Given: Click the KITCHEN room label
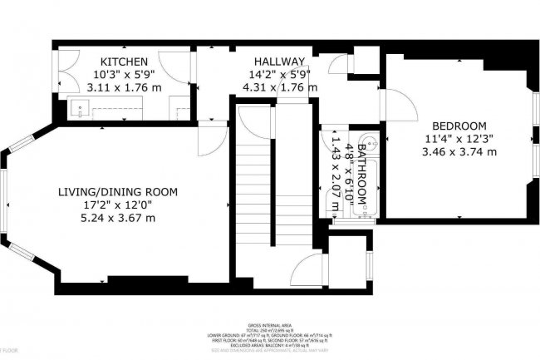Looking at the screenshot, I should coord(124,62).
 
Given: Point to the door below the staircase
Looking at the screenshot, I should coord(307,270).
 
